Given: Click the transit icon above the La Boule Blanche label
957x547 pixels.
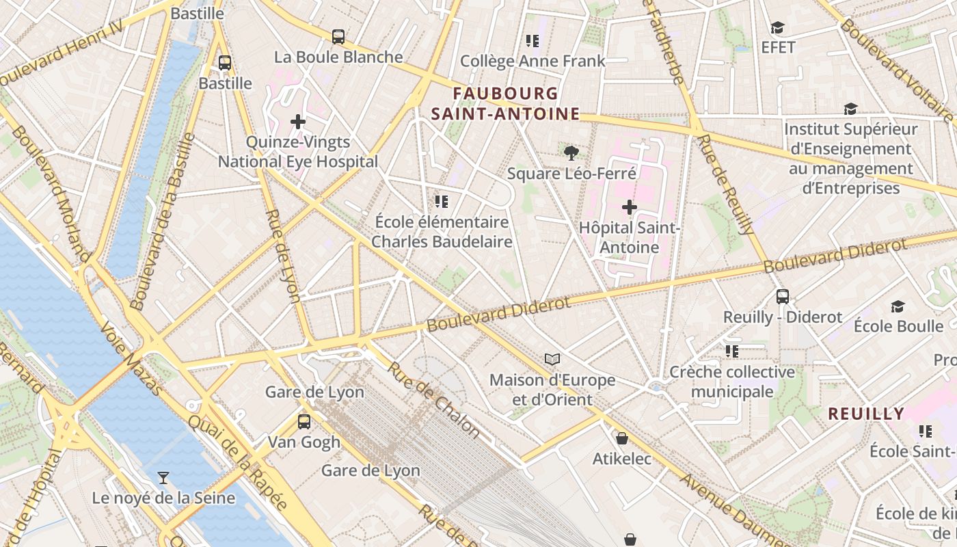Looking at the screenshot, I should point(338,37).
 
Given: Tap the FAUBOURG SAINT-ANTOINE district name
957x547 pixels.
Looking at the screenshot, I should point(505,103).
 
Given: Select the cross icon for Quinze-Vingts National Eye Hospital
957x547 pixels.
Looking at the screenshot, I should point(298,122).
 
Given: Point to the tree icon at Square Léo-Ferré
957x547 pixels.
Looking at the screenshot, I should point(571,153).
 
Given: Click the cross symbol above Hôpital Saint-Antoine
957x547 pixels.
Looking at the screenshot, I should point(630,206).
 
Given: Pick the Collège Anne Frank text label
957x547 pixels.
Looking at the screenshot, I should point(533,61).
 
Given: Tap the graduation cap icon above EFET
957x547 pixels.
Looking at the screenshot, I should point(777,27).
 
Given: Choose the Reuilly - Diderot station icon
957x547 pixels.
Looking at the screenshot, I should point(783,297).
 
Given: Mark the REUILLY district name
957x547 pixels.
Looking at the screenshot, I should point(866,414).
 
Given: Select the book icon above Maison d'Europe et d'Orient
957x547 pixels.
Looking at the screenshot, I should point(552,359).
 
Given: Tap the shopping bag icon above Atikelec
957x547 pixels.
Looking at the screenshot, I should point(622,438).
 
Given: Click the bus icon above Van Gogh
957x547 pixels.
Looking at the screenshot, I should point(304,421).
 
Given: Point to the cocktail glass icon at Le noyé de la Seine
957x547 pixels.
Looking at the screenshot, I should point(163,477).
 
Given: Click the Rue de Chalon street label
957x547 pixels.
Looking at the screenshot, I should point(434,399).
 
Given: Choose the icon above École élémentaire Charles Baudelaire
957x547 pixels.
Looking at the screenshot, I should point(442,202).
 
